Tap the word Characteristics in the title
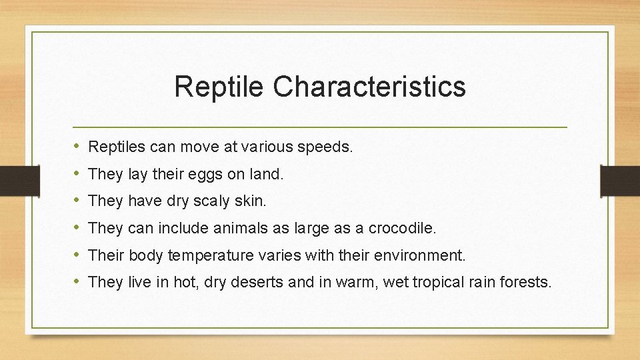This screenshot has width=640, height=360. [369, 87]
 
